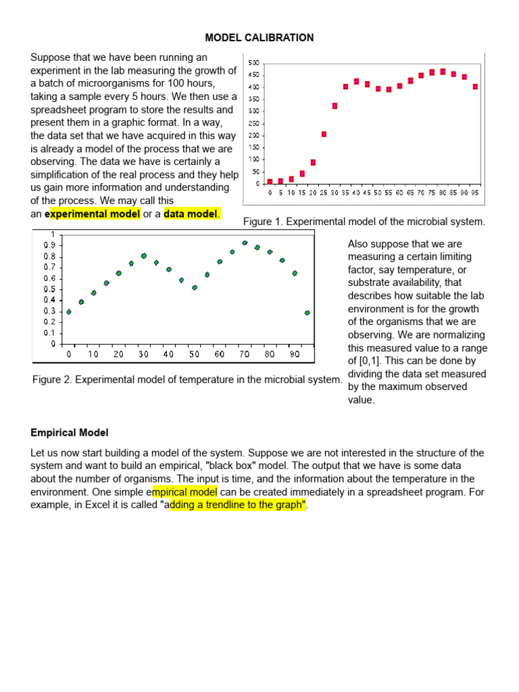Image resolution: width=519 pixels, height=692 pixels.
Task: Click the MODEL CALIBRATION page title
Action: click(259, 38)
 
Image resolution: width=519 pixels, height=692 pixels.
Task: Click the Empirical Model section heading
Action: click(69, 432)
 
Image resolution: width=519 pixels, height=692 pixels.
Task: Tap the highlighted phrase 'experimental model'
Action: click(93, 214)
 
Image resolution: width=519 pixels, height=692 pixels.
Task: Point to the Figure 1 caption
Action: click(364, 222)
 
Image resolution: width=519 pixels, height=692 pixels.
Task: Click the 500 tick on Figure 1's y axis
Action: click(254, 63)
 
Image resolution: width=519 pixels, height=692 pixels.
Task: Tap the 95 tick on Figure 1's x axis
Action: click(475, 193)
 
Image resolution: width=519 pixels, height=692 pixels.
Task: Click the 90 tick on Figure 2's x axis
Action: click(295, 354)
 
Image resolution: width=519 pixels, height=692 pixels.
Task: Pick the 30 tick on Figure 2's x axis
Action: click(144, 354)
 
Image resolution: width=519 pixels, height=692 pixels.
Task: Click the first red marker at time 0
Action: click(270, 182)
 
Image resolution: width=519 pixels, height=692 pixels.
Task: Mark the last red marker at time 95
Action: click(475, 86)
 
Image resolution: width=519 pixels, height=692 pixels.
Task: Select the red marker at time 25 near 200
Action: click(324, 134)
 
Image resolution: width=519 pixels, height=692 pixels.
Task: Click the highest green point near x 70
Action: click(245, 243)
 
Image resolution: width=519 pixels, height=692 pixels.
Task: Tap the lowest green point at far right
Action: click(307, 313)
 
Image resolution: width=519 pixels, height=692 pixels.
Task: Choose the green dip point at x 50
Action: click(195, 287)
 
